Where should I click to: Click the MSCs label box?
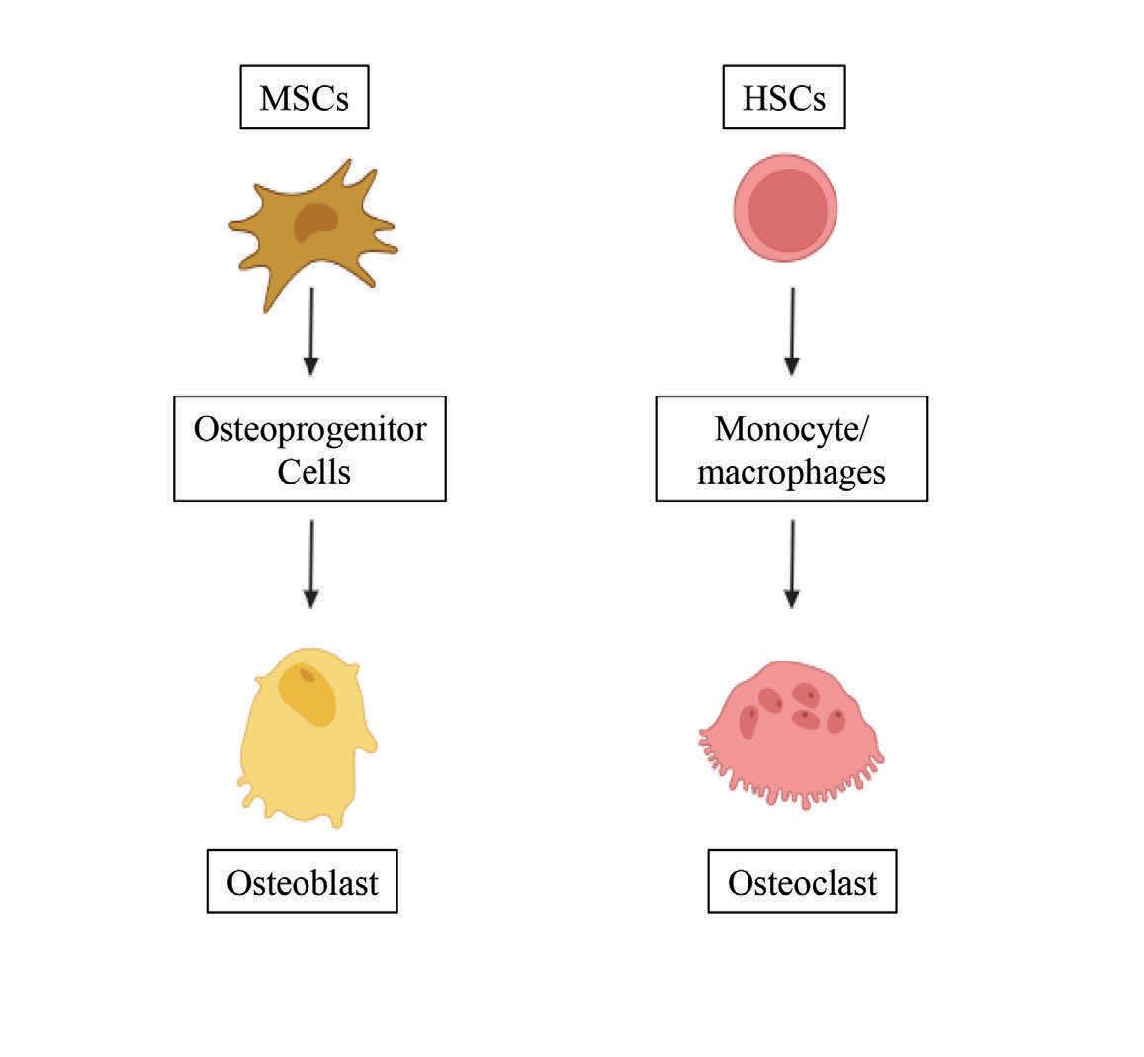tap(305, 98)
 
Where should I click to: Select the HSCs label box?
tap(784, 98)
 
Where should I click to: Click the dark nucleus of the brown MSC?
tap(315, 221)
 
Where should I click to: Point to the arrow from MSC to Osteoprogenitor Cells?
tap(311, 331)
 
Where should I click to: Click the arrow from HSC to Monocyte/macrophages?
tap(791, 331)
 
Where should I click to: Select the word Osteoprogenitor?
tap(310, 430)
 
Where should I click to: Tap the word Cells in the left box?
tap(313, 471)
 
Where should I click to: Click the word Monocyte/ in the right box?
tap(790, 429)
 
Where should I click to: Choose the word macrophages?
tap(791, 471)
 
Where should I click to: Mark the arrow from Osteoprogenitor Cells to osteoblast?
tap(311, 564)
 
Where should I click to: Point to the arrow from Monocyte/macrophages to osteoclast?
tap(791, 564)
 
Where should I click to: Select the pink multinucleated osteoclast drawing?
tap(791, 727)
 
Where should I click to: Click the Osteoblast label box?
tap(302, 881)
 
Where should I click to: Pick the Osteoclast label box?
tap(802, 881)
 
